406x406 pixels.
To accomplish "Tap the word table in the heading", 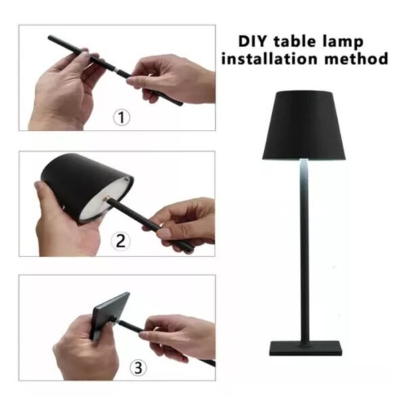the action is pos(296,41).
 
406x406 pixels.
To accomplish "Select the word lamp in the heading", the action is pos(343,42).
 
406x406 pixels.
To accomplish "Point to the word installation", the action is pos(269,58).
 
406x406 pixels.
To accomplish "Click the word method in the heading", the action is pos(357,58).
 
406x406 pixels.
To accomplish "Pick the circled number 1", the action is pos(121,118).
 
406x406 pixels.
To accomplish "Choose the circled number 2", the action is pos(120,241).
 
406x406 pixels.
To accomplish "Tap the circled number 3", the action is pos(138,367).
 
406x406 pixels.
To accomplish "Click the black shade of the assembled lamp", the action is pos(304,125).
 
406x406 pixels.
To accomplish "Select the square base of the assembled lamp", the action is pos(306,348).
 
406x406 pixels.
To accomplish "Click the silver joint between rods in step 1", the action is pos(117,70).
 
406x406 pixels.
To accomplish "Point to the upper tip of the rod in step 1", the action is pos(49,37).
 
